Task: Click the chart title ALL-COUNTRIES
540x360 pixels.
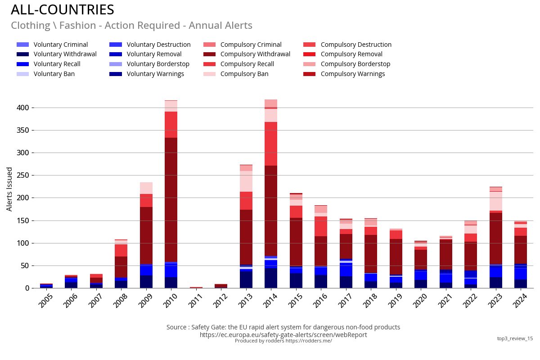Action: tap(63, 10)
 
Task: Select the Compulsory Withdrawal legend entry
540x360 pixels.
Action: tap(255, 54)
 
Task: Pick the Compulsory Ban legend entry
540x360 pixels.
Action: tap(244, 74)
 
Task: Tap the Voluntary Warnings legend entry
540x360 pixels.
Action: tap(155, 74)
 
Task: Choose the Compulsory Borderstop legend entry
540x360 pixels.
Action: tap(355, 64)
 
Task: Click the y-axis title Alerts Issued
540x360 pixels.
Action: tap(9, 189)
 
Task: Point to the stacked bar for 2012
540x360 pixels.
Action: tap(221, 286)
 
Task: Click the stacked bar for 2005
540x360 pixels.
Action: tap(46, 286)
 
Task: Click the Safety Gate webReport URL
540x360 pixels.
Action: tap(283, 335)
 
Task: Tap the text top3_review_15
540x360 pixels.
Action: tap(515, 338)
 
